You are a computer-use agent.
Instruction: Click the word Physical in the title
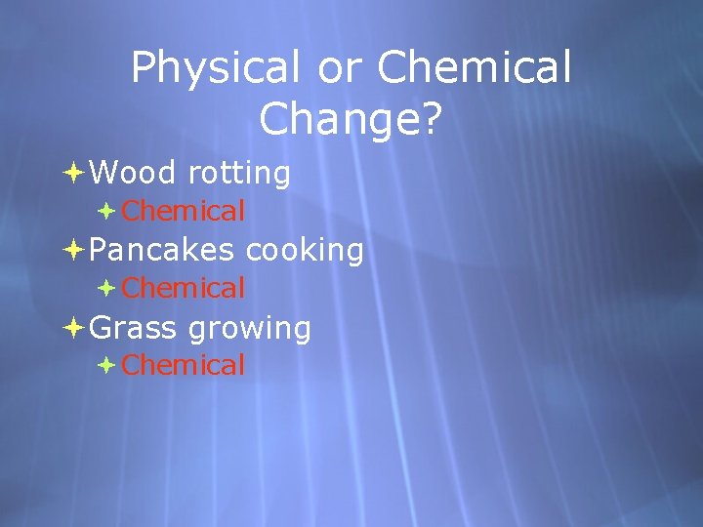pyautogui.click(x=215, y=69)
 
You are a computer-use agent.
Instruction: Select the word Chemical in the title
pyautogui.click(x=474, y=69)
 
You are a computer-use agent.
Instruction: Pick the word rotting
pyautogui.click(x=239, y=174)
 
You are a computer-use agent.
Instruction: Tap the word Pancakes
pyautogui.click(x=161, y=251)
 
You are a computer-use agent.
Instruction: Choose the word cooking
pyautogui.click(x=305, y=251)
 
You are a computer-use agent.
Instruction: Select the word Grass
pyautogui.click(x=133, y=328)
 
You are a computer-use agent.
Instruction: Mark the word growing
pyautogui.click(x=249, y=329)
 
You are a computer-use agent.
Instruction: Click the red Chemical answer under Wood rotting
pyautogui.click(x=184, y=210)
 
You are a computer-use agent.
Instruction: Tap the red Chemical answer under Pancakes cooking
pyautogui.click(x=184, y=288)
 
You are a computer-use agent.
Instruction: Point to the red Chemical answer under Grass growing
pyautogui.click(x=184, y=365)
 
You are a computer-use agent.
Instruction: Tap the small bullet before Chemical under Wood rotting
pyautogui.click(x=106, y=210)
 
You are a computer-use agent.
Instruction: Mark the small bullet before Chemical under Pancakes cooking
pyautogui.click(x=106, y=288)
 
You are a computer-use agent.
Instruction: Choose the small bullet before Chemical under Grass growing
pyautogui.click(x=106, y=365)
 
